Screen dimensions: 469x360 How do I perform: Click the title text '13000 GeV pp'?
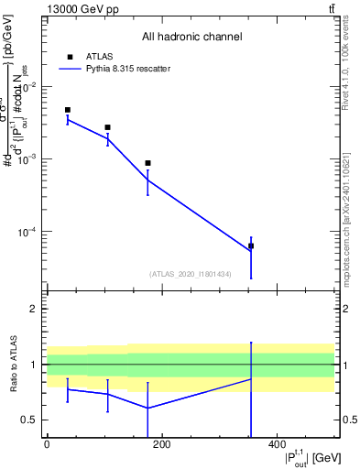(76, 9)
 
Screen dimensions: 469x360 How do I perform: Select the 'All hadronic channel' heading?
(191, 38)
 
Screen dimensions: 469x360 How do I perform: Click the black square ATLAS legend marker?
(69, 56)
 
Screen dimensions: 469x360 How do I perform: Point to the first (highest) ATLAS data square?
(68, 110)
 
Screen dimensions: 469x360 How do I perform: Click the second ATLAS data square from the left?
(107, 127)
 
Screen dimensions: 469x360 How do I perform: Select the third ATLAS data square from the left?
(147, 163)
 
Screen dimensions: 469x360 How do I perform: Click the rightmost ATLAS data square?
(251, 245)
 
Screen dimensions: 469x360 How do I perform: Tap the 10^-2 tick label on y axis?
(30, 87)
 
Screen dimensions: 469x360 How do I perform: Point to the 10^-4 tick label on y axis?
(30, 232)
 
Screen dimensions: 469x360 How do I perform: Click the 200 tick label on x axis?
(161, 445)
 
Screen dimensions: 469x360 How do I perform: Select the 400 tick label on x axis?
(277, 445)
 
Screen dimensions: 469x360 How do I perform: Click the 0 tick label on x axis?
(47, 445)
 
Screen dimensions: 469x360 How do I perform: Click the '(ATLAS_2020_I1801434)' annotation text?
(190, 274)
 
